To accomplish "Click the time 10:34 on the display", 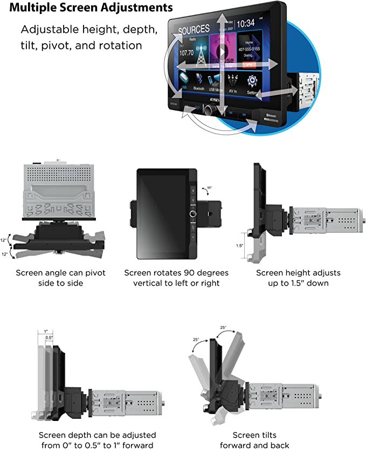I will pyautogui.click(x=245, y=23).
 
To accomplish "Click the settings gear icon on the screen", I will pyautogui.click(x=252, y=81).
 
